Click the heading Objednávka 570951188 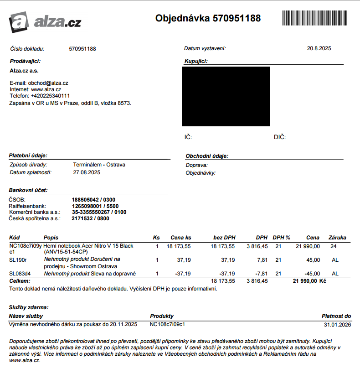tap(208, 18)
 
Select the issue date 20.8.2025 tap(319, 48)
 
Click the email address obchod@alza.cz tap(48, 83)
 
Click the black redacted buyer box tap(226, 96)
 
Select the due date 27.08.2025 tap(87, 172)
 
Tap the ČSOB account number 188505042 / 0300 tap(93, 200)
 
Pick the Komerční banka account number tap(99, 212)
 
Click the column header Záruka tap(337, 238)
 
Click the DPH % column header tap(281, 238)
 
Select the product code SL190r tap(18, 260)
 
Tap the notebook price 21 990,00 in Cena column tap(308, 246)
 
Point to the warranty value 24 tap(333, 246)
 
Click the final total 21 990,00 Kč tap(309, 281)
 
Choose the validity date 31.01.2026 tap(337, 324)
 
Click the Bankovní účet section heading tap(28, 190)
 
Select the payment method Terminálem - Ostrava tap(99, 165)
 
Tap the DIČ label tap(279, 137)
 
